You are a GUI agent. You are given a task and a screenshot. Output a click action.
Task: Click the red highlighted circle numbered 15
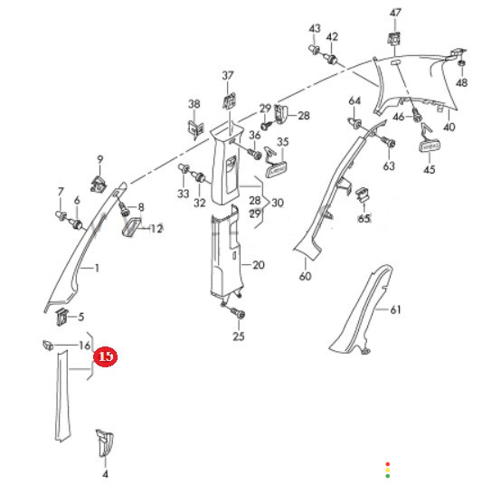tap(106, 356)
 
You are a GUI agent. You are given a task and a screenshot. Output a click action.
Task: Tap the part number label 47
tap(395, 13)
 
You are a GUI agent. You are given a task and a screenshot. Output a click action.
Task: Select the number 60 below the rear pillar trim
tap(305, 276)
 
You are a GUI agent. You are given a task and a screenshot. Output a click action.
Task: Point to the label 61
tap(395, 309)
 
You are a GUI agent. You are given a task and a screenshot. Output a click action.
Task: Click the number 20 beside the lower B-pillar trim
tap(259, 265)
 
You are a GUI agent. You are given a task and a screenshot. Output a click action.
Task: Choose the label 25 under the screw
tap(239, 337)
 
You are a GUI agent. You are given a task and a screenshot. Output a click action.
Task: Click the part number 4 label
tap(105, 474)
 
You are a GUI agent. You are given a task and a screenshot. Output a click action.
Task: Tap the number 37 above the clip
tap(228, 75)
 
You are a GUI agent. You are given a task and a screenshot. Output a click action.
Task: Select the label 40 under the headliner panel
tap(449, 127)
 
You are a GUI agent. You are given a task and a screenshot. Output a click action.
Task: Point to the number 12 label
tap(156, 229)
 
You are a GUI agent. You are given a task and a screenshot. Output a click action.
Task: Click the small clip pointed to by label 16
tap(48, 345)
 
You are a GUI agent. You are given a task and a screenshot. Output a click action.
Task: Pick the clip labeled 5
tap(61, 317)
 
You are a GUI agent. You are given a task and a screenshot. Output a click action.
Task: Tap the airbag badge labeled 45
tap(430, 146)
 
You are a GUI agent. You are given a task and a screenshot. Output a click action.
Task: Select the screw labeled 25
tap(239, 314)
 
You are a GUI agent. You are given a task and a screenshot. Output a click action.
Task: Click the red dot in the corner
tap(388, 464)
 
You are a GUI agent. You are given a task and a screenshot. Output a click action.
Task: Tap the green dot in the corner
tap(388, 476)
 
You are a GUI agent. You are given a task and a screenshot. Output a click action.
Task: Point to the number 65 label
tap(364, 219)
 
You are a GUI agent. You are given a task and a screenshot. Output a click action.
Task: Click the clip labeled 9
tap(99, 185)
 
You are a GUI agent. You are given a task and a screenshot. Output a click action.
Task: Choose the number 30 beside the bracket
tap(277, 203)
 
